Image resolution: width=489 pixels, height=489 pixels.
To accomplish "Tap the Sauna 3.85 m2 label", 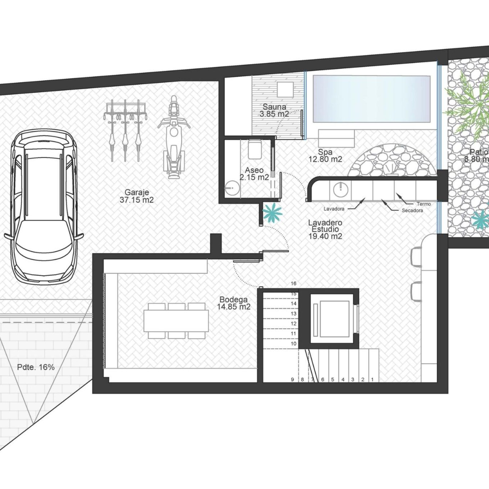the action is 274,110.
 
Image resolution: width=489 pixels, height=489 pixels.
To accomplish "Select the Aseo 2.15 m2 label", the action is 254,174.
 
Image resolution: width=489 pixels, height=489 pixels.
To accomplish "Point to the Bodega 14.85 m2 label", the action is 233,303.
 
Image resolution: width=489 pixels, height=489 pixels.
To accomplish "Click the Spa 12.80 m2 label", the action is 325,156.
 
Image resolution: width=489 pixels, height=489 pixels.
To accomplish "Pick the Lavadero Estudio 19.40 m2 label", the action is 325,229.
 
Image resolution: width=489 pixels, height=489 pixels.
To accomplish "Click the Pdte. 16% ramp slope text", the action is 36,367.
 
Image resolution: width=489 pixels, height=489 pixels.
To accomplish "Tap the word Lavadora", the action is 334,209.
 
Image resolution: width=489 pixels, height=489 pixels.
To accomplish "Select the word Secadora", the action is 412,211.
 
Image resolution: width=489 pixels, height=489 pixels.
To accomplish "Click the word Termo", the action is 424,204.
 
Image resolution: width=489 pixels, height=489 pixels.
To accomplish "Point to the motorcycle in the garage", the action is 174,137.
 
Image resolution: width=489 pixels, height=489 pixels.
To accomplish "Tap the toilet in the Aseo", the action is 254,149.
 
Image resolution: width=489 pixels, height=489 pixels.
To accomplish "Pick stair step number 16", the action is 293,284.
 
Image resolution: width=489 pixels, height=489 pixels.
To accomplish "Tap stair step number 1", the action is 372,380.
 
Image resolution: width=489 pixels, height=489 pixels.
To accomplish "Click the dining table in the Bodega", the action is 176,321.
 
